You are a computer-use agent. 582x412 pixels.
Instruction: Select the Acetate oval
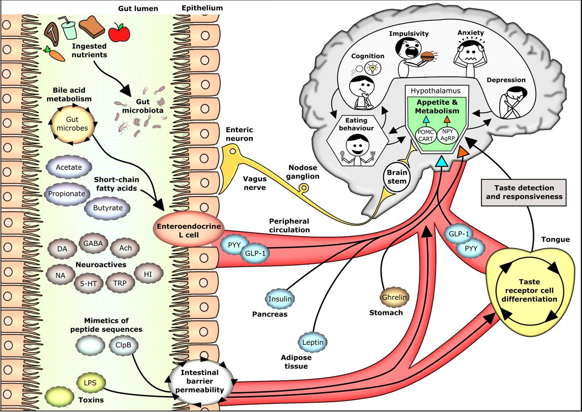[x=69, y=168]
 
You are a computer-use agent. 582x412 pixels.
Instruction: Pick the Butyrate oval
[x=105, y=207]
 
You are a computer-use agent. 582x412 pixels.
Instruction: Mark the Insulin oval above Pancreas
[x=280, y=298]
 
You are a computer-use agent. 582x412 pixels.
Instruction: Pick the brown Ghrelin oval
[x=393, y=296]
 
